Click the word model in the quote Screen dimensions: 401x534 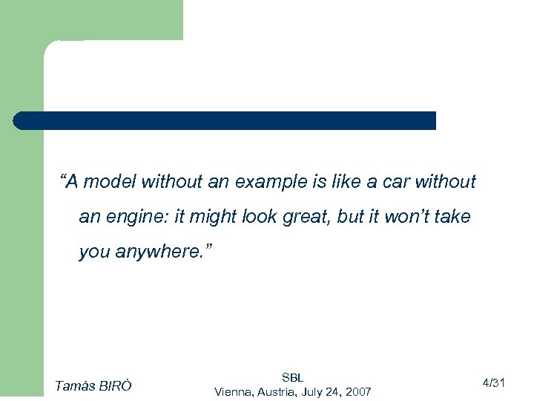pos(111,181)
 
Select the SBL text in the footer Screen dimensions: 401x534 pos(292,377)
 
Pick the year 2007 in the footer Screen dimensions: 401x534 pos(357,391)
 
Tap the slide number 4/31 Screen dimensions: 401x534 pos(493,383)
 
